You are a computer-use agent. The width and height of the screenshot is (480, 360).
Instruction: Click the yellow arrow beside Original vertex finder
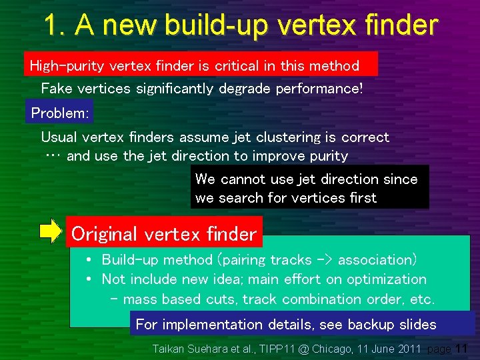[x=50, y=231]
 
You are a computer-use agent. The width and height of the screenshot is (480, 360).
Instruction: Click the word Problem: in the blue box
[x=60, y=113]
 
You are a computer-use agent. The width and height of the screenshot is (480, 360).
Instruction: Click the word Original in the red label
[x=104, y=234]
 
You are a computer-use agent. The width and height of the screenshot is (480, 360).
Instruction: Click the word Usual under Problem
[x=60, y=137]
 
